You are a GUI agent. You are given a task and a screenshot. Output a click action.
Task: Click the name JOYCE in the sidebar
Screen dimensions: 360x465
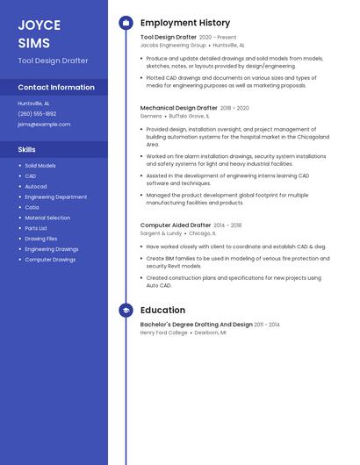coord(40,25)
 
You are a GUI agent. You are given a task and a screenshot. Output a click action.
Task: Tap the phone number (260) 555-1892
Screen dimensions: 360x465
coord(37,113)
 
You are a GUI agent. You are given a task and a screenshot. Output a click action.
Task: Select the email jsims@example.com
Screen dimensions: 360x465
coord(44,124)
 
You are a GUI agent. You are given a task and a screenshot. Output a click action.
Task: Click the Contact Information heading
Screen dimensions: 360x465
coord(56,87)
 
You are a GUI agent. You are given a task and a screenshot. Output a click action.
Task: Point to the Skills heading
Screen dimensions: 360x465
coord(27,150)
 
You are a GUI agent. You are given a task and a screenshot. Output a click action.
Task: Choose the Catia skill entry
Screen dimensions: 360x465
coord(32,207)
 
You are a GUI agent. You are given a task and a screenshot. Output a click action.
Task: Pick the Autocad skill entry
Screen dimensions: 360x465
coord(36,186)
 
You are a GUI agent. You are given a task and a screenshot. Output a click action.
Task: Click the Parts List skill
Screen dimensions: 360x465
coord(36,228)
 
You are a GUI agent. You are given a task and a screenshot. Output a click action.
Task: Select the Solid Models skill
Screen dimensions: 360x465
coord(40,165)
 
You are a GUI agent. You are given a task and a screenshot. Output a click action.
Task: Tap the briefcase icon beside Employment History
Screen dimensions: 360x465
coord(126,23)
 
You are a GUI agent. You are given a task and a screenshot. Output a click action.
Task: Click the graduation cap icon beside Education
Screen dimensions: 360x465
coord(126,310)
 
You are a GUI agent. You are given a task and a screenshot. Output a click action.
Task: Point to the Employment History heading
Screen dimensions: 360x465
coord(185,23)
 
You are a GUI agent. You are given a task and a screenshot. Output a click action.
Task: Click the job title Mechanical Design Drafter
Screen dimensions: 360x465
coord(178,108)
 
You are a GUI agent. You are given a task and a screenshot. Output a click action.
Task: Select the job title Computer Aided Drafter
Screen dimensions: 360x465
coord(176,225)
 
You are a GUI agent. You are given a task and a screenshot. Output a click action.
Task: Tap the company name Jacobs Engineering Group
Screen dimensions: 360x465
coord(173,45)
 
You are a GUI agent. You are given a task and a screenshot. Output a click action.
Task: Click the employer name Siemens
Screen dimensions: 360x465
coord(151,116)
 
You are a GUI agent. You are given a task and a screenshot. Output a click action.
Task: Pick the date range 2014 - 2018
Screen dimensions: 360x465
coord(227,225)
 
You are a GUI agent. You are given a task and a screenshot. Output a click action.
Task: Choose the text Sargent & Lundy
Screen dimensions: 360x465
coord(161,233)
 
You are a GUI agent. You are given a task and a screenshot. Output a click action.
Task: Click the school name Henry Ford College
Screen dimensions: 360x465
coord(164,333)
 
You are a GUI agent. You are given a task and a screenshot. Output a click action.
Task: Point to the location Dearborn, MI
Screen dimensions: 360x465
coord(211,333)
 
